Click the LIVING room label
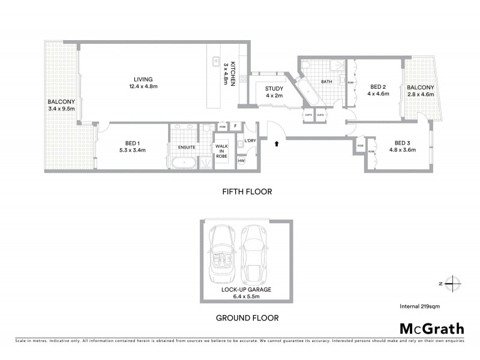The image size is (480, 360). click(143, 79)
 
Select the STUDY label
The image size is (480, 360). click(274, 89)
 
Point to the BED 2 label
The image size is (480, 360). click(376, 86)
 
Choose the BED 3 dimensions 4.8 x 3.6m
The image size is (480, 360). click(401, 150)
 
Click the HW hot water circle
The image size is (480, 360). click(242, 160)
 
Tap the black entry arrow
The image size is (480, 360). click(276, 143)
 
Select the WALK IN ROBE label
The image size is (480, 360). click(223, 147)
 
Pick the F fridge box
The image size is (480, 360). click(236, 127)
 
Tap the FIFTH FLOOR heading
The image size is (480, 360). click(247, 192)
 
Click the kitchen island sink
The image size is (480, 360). click(214, 61)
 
